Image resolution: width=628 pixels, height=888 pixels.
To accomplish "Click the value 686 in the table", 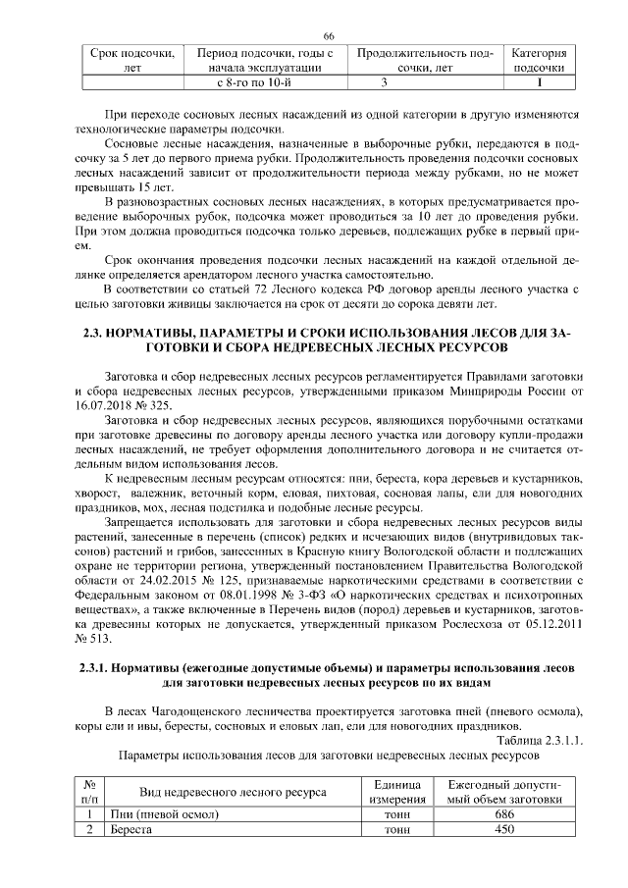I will [x=504, y=814].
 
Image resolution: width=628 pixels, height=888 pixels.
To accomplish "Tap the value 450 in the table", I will [x=504, y=829].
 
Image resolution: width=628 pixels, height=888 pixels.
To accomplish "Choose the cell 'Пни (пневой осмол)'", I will [x=164, y=814].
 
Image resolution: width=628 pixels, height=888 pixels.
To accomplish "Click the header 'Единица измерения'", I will [x=397, y=792].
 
